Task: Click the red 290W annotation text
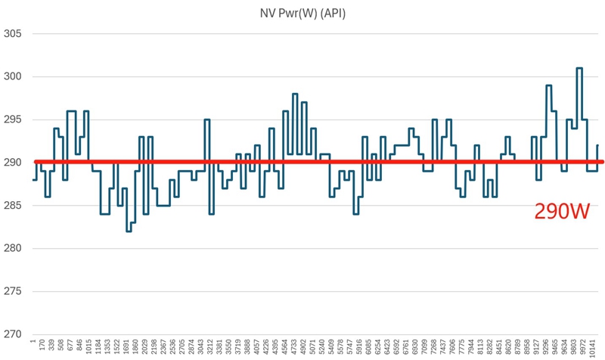tap(562, 212)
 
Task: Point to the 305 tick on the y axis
tap(14, 34)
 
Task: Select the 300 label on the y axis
tap(14, 77)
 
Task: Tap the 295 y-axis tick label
tap(14, 119)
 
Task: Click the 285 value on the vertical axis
tap(14, 206)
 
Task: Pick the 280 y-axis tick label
tap(14, 248)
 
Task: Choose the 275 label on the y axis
tap(14, 291)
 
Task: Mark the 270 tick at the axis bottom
tap(14, 334)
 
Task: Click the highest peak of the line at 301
tap(579, 68)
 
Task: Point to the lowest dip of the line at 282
tap(129, 231)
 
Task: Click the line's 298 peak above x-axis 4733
tap(295, 94)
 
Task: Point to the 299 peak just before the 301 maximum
tap(548, 85)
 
